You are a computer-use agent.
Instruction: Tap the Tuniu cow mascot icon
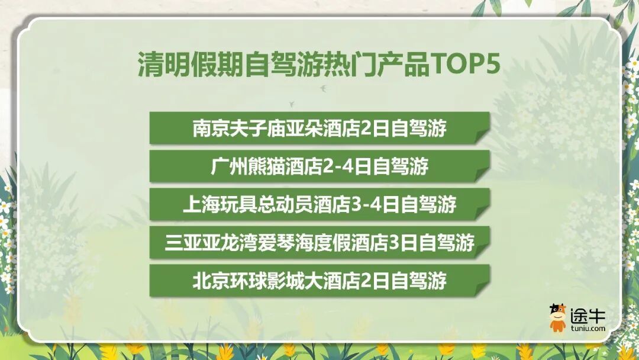pyautogui.click(x=557, y=318)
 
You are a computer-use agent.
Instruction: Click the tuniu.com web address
pyautogui.click(x=588, y=328)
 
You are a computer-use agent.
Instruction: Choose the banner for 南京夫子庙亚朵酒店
pyautogui.click(x=319, y=128)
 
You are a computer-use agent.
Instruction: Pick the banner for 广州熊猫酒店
pyautogui.click(x=319, y=166)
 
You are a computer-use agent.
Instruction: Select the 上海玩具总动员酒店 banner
pyautogui.click(x=319, y=204)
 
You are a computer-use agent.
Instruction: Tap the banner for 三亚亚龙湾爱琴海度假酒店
pyautogui.click(x=319, y=242)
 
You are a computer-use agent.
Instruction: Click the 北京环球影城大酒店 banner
pyautogui.click(x=319, y=280)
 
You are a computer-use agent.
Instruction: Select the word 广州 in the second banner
pyautogui.click(x=224, y=167)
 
